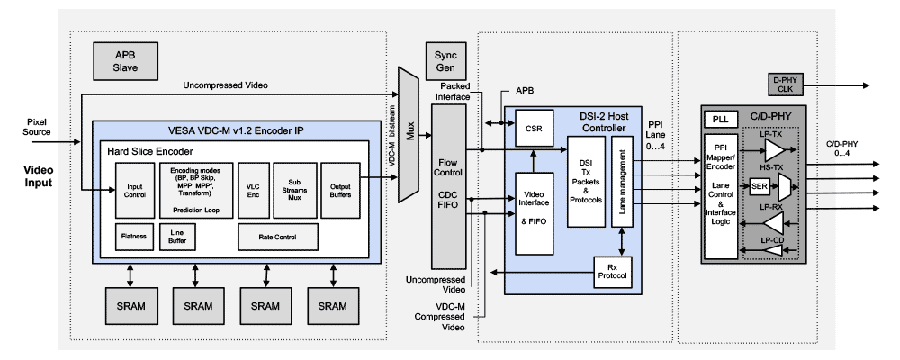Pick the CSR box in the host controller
click(533, 130)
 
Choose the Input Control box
click(135, 191)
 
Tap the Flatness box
click(135, 238)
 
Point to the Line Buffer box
click(176, 238)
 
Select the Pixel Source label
click(37, 126)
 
